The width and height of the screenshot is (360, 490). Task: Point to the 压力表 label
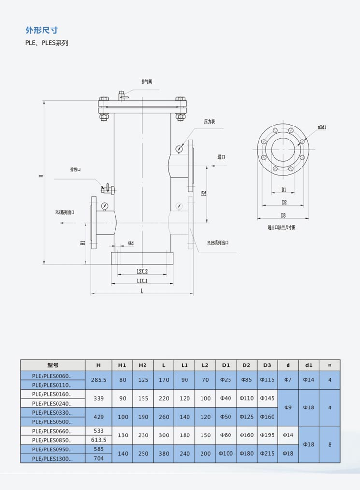pos(209,121)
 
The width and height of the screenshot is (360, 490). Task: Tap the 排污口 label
pos(75,169)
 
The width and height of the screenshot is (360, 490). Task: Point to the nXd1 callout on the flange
pos(322,127)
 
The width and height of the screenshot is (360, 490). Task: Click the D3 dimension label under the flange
pos(284,215)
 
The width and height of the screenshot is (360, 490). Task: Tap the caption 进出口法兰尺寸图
pos(281,227)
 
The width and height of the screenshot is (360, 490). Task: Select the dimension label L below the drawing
pos(142,291)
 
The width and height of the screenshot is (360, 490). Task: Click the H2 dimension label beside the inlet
pos(204,192)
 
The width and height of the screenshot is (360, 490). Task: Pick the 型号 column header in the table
pos(53,365)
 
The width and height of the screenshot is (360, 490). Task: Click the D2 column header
pos(246,365)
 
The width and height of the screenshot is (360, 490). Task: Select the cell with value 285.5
pos(99,380)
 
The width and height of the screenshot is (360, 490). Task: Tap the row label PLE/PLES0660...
pos(53,431)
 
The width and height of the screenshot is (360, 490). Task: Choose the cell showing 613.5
pos(99,440)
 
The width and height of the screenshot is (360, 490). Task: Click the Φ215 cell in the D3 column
pos(267,454)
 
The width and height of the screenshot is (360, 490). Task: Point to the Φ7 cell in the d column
pos(288,380)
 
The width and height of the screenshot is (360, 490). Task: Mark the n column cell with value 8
pos(330,444)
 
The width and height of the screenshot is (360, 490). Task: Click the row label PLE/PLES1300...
pos(53,459)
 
